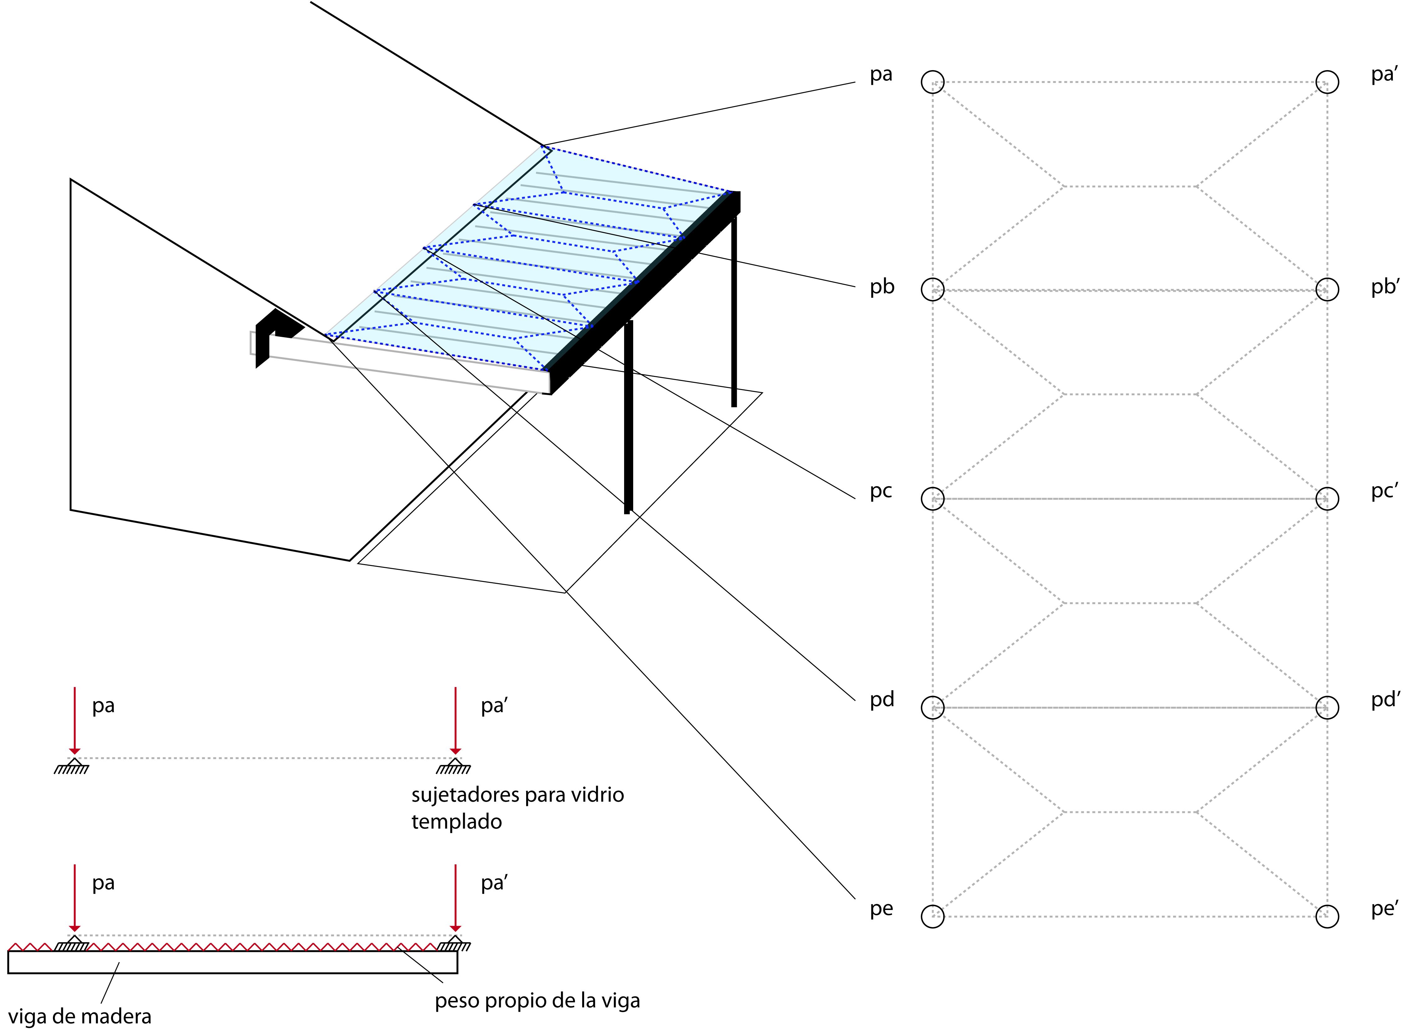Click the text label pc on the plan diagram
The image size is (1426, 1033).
tap(881, 491)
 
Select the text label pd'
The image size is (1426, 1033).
tap(1385, 700)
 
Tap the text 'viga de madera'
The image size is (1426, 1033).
tap(80, 1017)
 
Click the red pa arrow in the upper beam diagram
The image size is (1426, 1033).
tap(75, 720)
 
